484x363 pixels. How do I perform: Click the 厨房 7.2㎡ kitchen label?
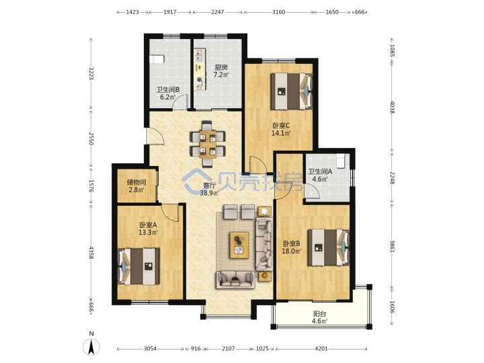coord(221,71)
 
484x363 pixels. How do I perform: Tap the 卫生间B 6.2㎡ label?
coord(167,93)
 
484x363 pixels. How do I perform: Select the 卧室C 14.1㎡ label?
coord(281,129)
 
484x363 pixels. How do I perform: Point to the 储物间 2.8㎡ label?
coord(136,186)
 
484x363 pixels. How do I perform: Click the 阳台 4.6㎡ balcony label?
coord(319,317)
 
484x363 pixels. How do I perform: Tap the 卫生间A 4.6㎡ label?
coord(320,175)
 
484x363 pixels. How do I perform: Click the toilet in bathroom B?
coord(157,59)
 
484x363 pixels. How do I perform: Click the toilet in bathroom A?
coord(340,161)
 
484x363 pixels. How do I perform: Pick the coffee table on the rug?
coord(239,245)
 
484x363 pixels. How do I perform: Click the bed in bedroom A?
coord(139,266)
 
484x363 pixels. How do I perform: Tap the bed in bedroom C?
coord(292,91)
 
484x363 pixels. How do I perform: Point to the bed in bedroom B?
coord(329,247)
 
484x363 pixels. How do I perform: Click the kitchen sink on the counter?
coord(199,55)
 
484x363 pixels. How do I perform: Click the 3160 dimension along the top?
coord(278,12)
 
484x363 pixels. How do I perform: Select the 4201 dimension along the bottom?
coord(321,348)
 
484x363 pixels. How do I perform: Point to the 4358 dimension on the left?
coord(91,252)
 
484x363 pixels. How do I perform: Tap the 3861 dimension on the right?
coord(392,246)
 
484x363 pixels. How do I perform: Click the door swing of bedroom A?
coord(170,213)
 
